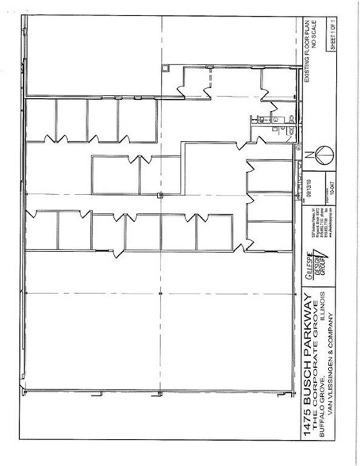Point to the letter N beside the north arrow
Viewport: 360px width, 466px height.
(x=306, y=153)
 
